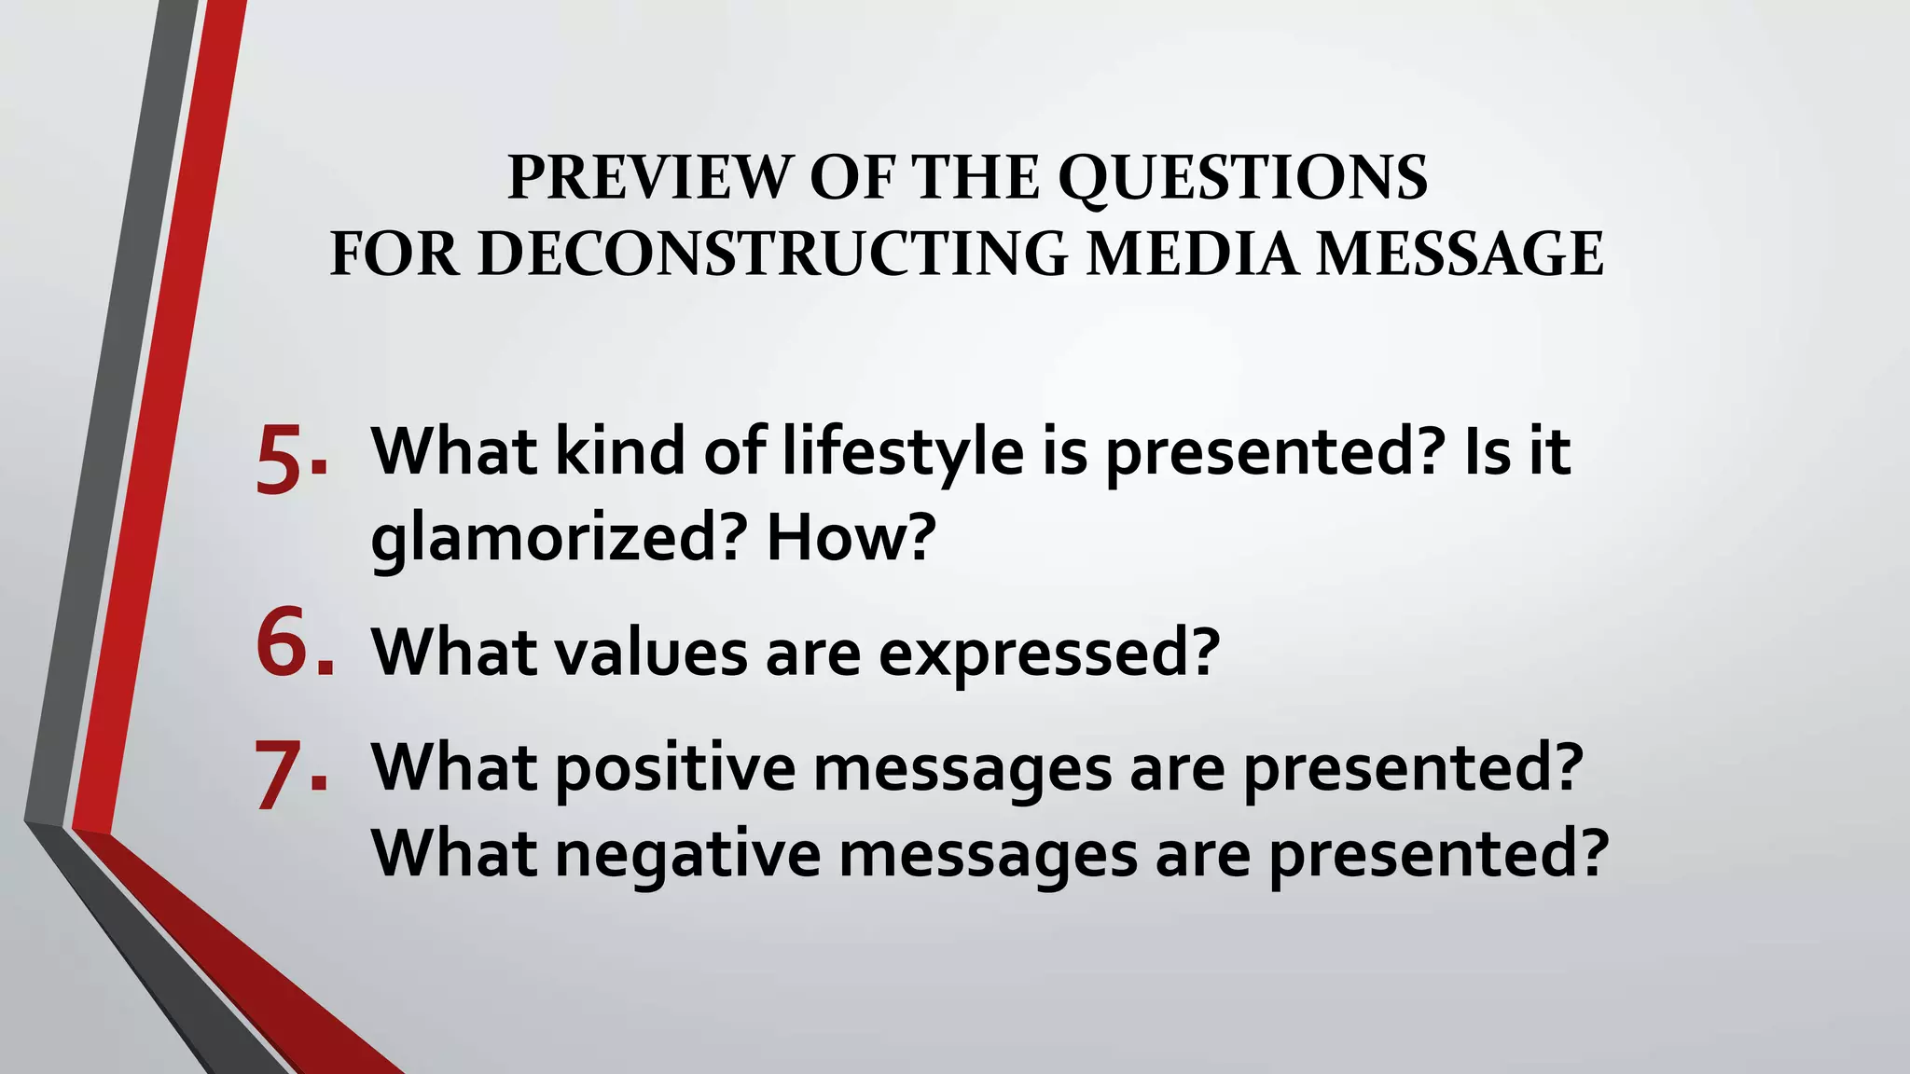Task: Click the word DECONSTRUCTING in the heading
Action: tap(772, 254)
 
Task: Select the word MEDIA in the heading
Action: tap(1191, 254)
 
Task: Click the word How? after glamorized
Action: tap(850, 538)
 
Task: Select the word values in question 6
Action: tap(651, 652)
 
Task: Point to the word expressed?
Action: tap(1048, 654)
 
